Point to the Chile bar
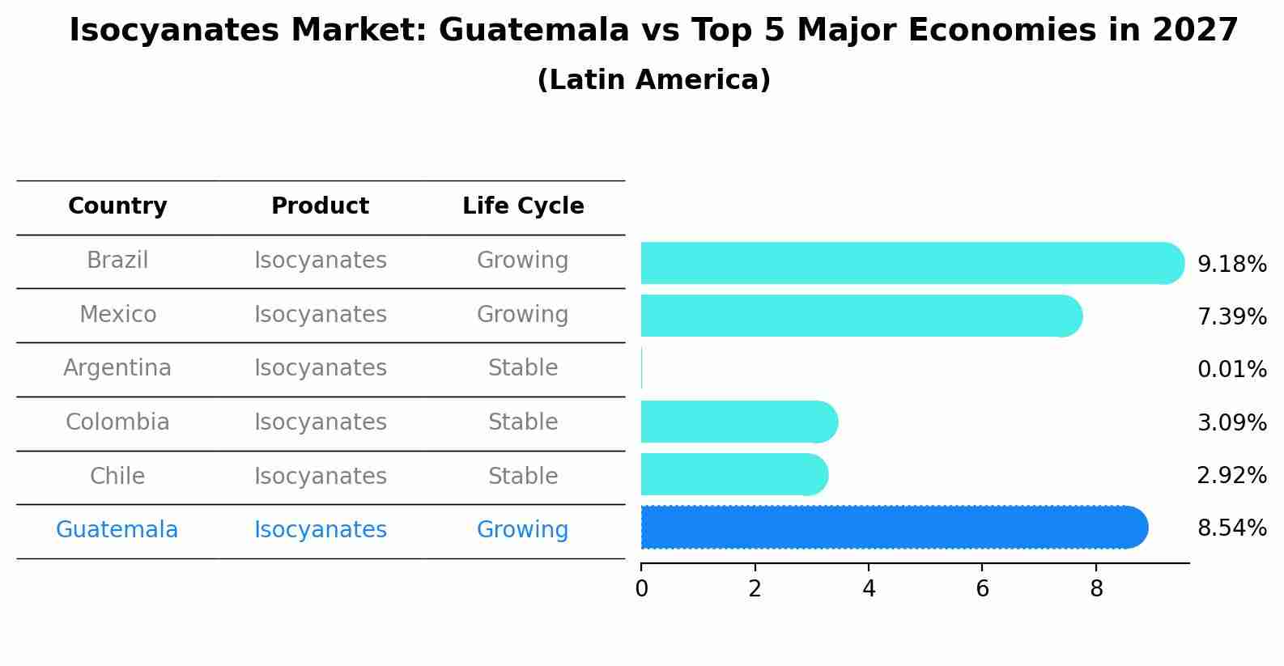point(733,474)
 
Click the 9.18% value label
point(1231,265)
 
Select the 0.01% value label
point(1231,370)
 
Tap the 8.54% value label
point(1231,528)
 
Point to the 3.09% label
point(1231,422)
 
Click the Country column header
point(117,206)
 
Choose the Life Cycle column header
point(523,206)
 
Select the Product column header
point(320,206)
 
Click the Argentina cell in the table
point(117,368)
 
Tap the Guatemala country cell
point(117,530)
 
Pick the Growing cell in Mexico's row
point(522,314)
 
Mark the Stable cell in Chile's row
point(522,476)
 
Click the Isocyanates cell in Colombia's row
point(320,422)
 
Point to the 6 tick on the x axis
point(982,589)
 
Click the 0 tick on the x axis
point(641,589)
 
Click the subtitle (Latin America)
point(653,80)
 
